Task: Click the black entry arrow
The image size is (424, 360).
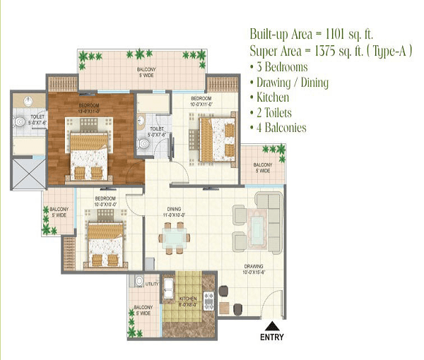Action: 271,325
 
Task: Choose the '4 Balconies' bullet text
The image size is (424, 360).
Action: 279,128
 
